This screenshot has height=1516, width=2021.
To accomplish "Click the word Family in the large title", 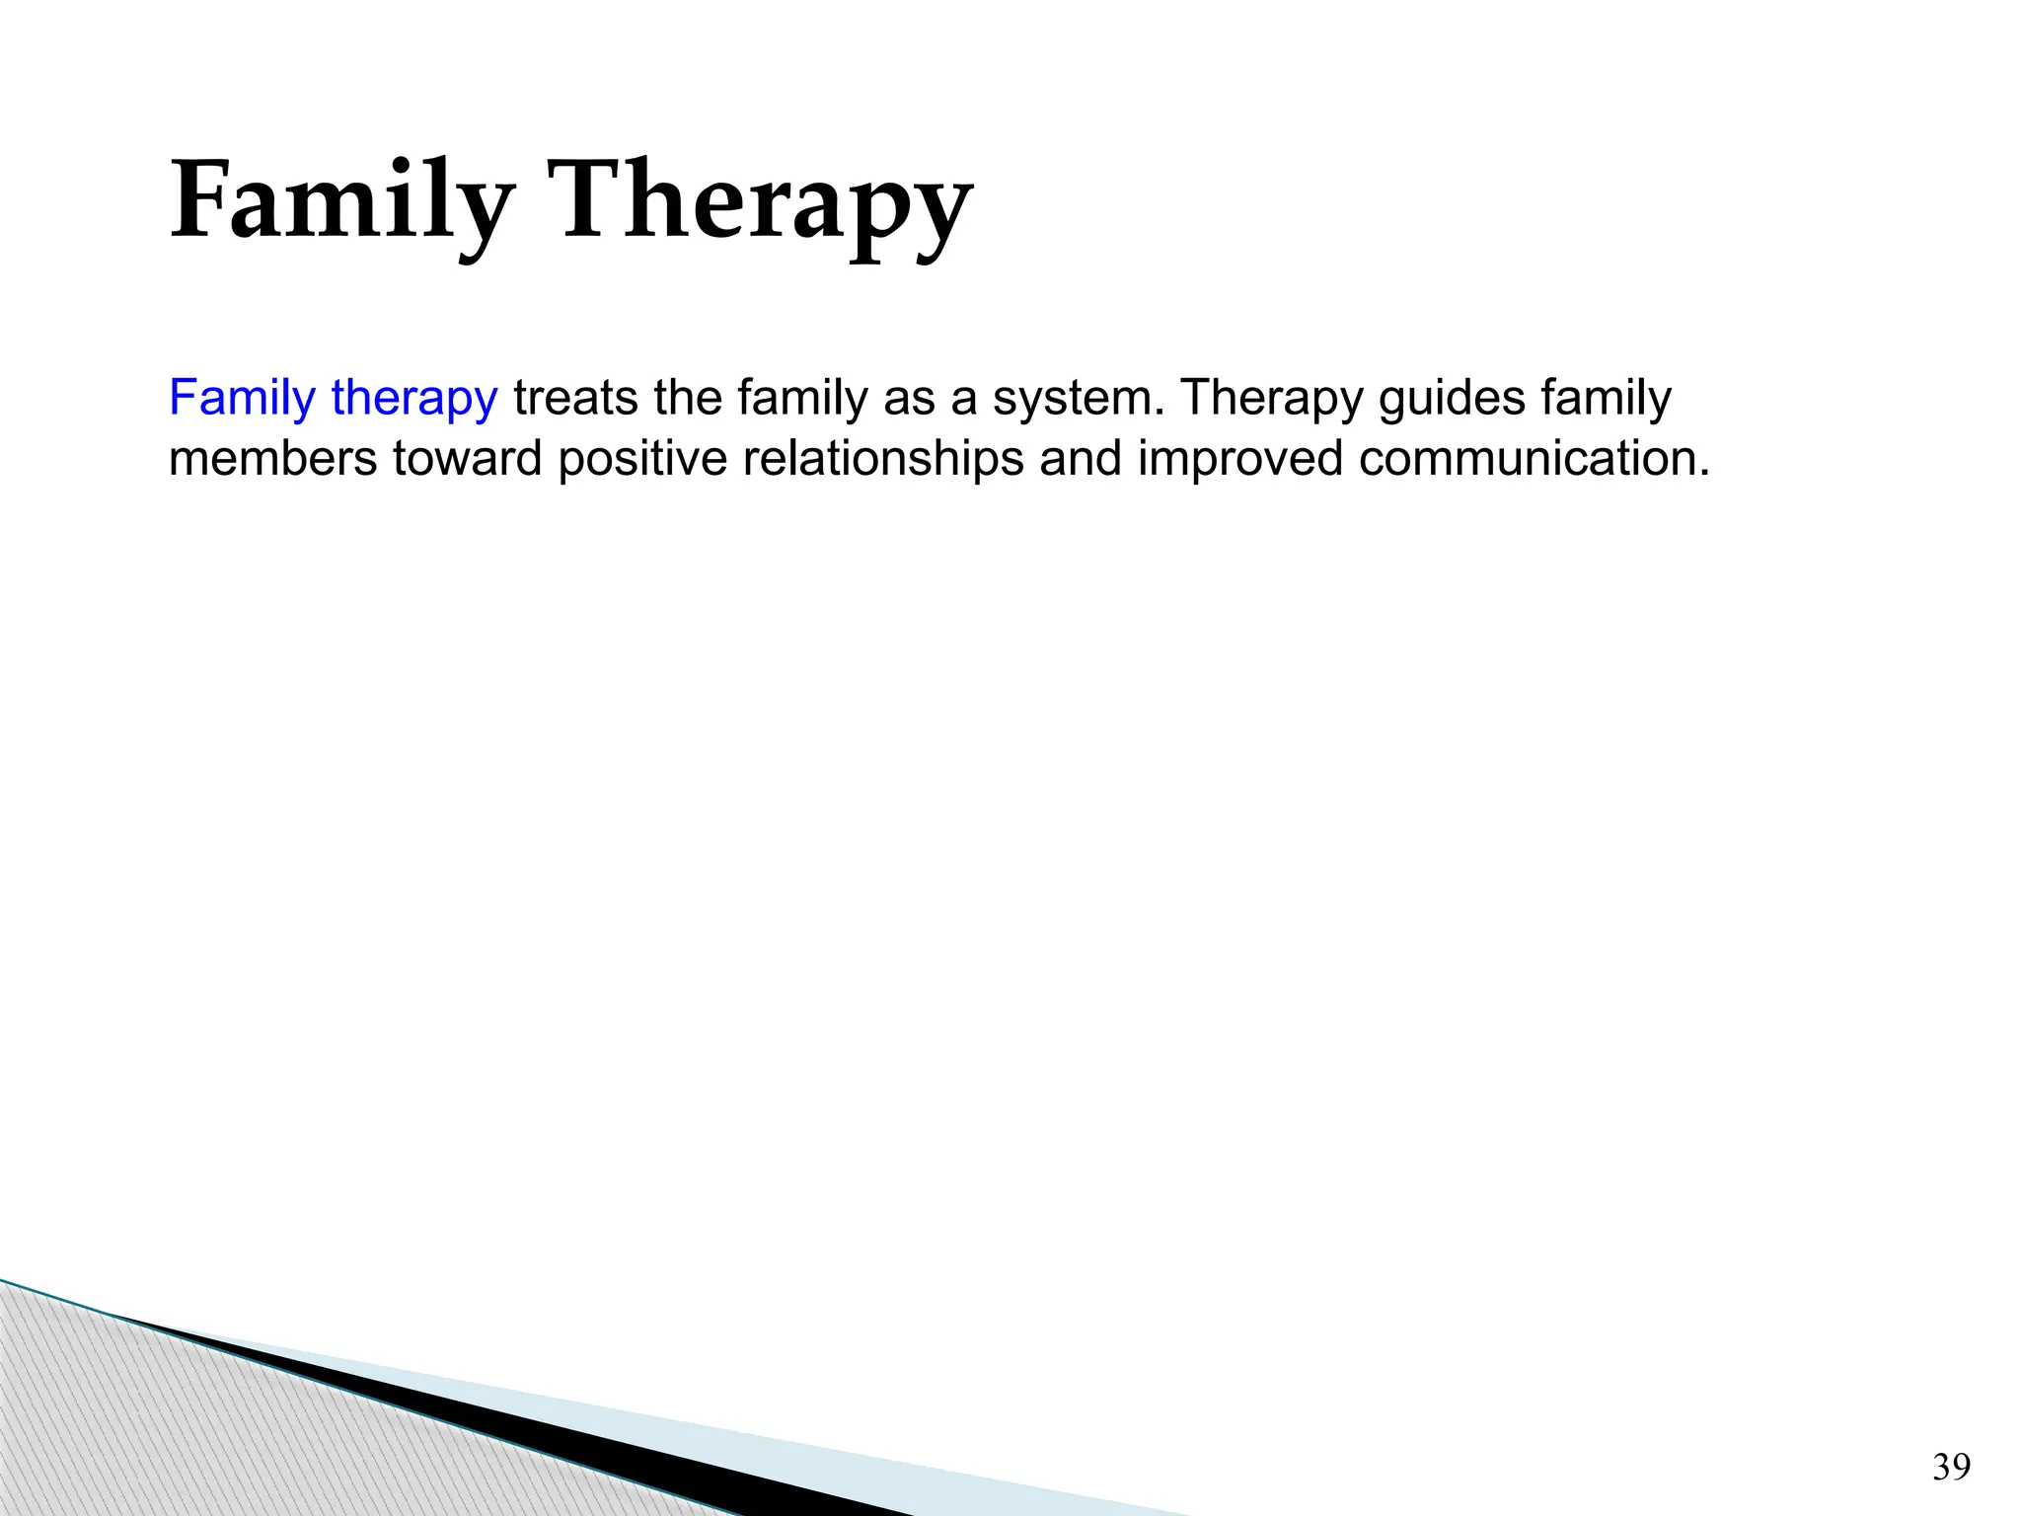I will [340, 202].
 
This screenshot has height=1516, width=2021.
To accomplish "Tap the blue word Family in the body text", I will [242, 398].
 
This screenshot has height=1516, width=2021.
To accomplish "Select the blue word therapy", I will [414, 400].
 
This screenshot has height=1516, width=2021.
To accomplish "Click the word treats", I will [575, 398].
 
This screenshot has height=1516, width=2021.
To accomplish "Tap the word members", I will [272, 459].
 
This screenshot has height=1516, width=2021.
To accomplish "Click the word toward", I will [467, 459].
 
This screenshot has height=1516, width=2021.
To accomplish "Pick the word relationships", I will [883, 459].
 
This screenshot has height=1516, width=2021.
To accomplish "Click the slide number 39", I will [1951, 1468].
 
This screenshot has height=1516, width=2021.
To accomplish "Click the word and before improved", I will [1081, 459].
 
